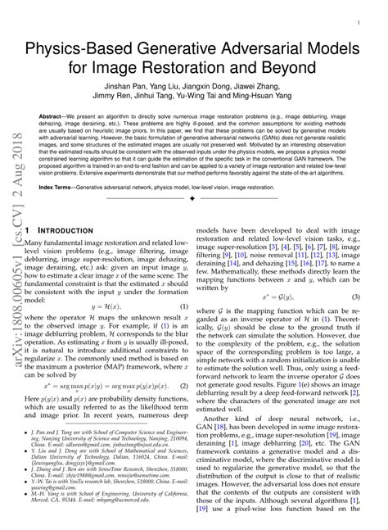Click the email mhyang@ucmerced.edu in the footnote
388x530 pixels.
(x=124, y=523)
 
